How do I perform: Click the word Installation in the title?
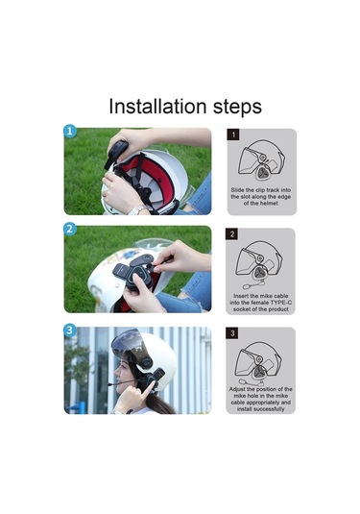coord(157,107)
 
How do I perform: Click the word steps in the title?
coord(237,108)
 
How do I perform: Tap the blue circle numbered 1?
coord(69,131)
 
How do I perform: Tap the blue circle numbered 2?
coord(69,229)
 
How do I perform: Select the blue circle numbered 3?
coord(69,330)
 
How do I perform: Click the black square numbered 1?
coord(233,135)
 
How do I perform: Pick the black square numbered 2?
coord(232,234)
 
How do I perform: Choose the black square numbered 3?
coord(232,333)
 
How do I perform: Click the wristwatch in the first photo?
coord(137,210)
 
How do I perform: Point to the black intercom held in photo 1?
coord(116,154)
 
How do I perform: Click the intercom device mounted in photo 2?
coord(133,273)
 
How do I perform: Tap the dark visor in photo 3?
coord(131,348)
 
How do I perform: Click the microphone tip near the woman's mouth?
coord(110,384)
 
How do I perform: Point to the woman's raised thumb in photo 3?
coord(152,386)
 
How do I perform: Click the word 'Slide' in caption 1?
coord(237,190)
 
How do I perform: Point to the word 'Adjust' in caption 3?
coord(237,389)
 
